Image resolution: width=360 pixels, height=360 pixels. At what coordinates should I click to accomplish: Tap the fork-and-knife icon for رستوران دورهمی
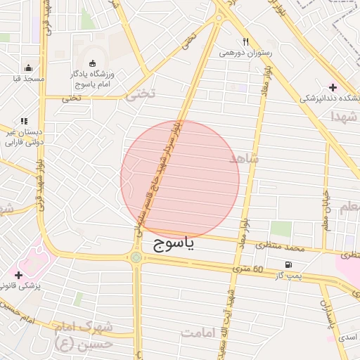pos(245,41)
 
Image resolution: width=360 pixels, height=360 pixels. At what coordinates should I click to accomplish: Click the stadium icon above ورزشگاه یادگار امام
pos(92,63)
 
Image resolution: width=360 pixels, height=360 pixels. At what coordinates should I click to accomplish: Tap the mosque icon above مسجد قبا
pos(28,68)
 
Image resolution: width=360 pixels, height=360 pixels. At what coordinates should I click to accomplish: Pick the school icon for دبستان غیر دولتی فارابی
pos(25,122)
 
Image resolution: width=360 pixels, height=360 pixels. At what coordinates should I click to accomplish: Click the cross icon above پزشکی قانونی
pos(18,274)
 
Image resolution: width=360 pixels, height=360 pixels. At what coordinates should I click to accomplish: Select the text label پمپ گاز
pos(288,276)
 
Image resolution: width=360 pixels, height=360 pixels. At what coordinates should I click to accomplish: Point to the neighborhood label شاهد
pos(244,159)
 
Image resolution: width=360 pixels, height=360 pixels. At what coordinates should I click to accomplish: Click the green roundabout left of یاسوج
pos(135,257)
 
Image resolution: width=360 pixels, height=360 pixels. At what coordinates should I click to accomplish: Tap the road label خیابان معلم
pos(326,203)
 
